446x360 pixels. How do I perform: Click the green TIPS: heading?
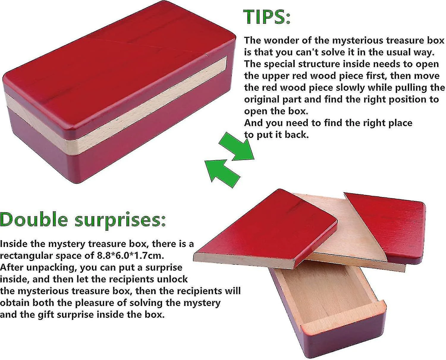tap(267, 17)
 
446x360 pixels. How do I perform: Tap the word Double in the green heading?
tap(34, 220)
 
